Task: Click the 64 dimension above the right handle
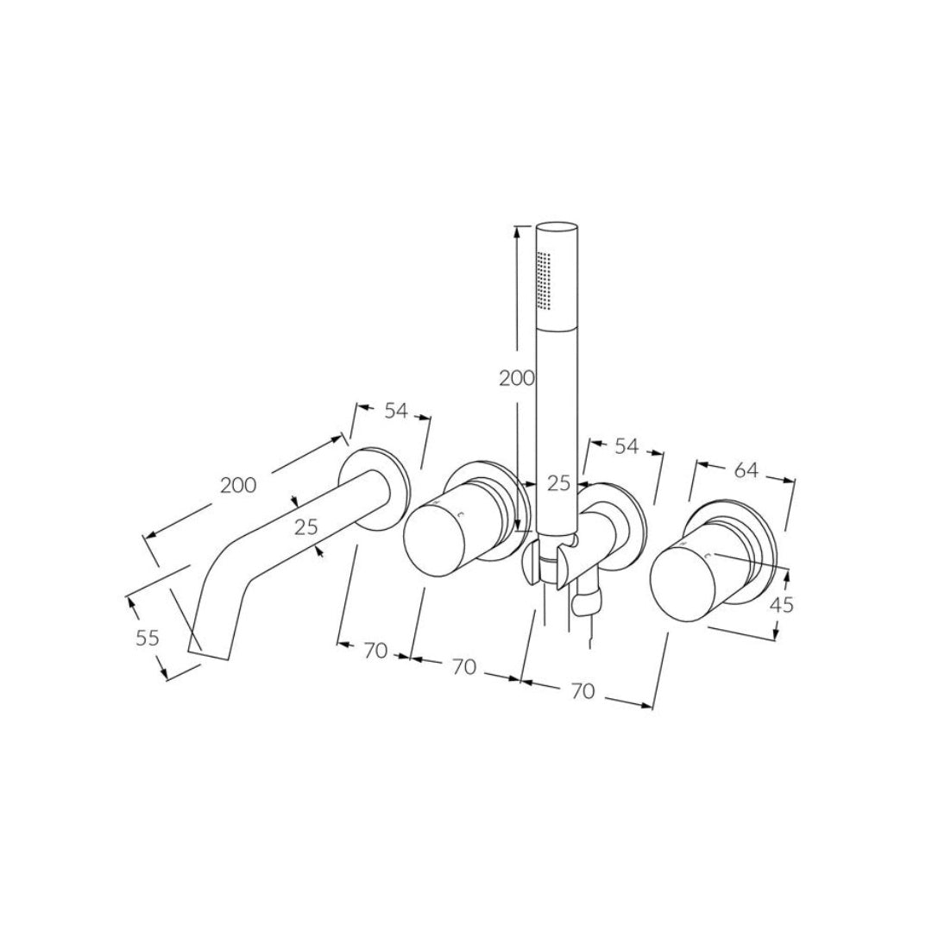click(746, 470)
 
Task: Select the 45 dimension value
click(780, 605)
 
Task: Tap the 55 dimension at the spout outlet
click(148, 639)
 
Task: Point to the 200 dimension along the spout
click(238, 485)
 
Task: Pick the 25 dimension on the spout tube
click(306, 526)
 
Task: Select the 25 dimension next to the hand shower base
click(559, 483)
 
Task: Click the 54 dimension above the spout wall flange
click(395, 412)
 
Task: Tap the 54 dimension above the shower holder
click(626, 446)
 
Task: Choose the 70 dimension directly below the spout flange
click(375, 652)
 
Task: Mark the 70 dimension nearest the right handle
click(583, 690)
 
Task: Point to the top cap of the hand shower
click(557, 229)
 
